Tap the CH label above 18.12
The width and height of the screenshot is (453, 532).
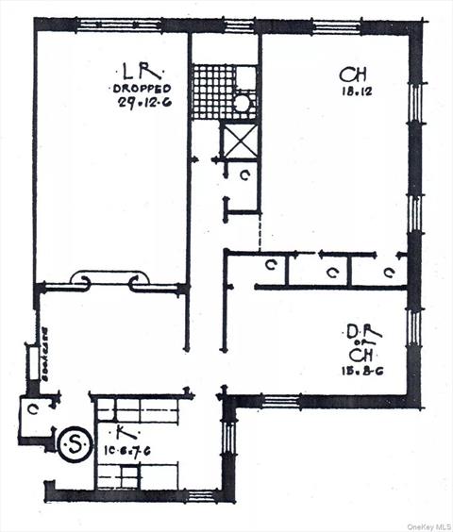[x=347, y=73]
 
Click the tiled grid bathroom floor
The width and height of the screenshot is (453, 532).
[x=211, y=91]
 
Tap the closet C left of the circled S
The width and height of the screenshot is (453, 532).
[x=34, y=409]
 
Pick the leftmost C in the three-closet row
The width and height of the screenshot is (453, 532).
[x=271, y=267]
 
